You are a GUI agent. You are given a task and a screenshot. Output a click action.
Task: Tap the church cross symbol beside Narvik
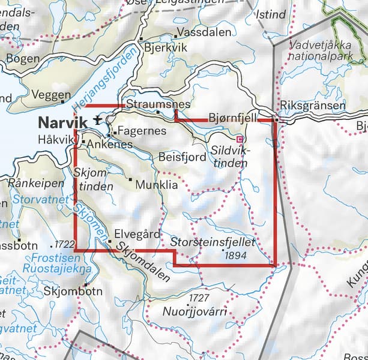[97, 121]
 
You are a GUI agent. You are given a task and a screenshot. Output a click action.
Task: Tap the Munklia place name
[157, 185]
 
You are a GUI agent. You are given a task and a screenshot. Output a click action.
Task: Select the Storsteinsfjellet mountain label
[213, 242]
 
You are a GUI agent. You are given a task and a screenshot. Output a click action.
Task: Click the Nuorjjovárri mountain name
[194, 312]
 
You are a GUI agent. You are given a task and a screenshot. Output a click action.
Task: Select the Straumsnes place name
[157, 104]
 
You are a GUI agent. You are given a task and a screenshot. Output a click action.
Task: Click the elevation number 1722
[63, 245]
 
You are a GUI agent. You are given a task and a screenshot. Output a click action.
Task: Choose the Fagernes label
[134, 130]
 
